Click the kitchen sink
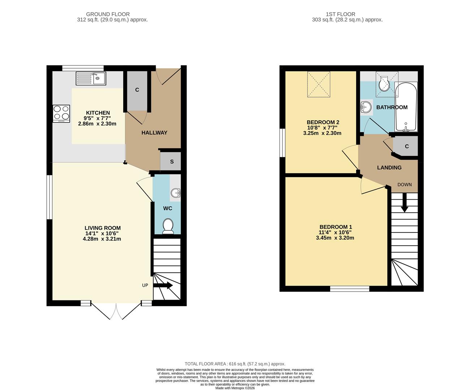click(x=91, y=78)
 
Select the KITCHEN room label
click(x=98, y=113)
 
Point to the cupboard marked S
click(x=172, y=161)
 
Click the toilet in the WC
click(x=168, y=226)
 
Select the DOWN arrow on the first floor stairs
click(x=404, y=203)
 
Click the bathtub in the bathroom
click(x=406, y=107)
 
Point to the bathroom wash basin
click(x=366, y=107)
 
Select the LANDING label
click(x=389, y=168)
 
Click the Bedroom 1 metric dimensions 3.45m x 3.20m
click(x=335, y=238)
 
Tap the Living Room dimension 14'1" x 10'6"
click(x=102, y=233)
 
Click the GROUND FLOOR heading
click(x=113, y=14)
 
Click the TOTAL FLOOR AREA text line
click(x=235, y=364)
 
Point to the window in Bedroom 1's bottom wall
click(x=349, y=289)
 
